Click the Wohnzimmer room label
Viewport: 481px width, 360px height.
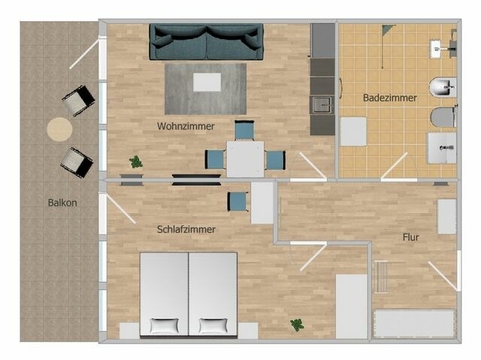pyautogui.click(x=186, y=126)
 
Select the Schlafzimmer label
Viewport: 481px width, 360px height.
pyautogui.click(x=186, y=229)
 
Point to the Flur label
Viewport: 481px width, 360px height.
pyautogui.click(x=410, y=237)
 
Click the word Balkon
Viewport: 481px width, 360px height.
pyautogui.click(x=62, y=202)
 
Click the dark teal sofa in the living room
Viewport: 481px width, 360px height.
pyautogui.click(x=207, y=41)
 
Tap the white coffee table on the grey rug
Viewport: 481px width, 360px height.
pyautogui.click(x=207, y=81)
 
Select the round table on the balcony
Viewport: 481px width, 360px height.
pyautogui.click(x=60, y=129)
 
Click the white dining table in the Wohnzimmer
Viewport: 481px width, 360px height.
pyautogui.click(x=245, y=159)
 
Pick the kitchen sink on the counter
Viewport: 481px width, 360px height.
pyautogui.click(x=322, y=104)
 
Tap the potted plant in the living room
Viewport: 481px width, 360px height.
pyautogui.click(x=136, y=161)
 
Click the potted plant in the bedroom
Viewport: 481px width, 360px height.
pyautogui.click(x=297, y=325)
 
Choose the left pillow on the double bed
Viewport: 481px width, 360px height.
pyautogui.click(x=165, y=326)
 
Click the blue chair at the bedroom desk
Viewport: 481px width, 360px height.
pyautogui.click(x=237, y=201)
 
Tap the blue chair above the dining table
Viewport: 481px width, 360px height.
pyautogui.click(x=244, y=131)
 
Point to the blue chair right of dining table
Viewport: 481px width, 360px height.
pyautogui.click(x=276, y=159)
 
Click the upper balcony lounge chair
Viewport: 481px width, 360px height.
pyautogui.click(x=78, y=100)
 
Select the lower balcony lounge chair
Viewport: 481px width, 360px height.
pyautogui.click(x=77, y=161)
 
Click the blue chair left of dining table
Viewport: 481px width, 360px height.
pyautogui.click(x=215, y=159)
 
